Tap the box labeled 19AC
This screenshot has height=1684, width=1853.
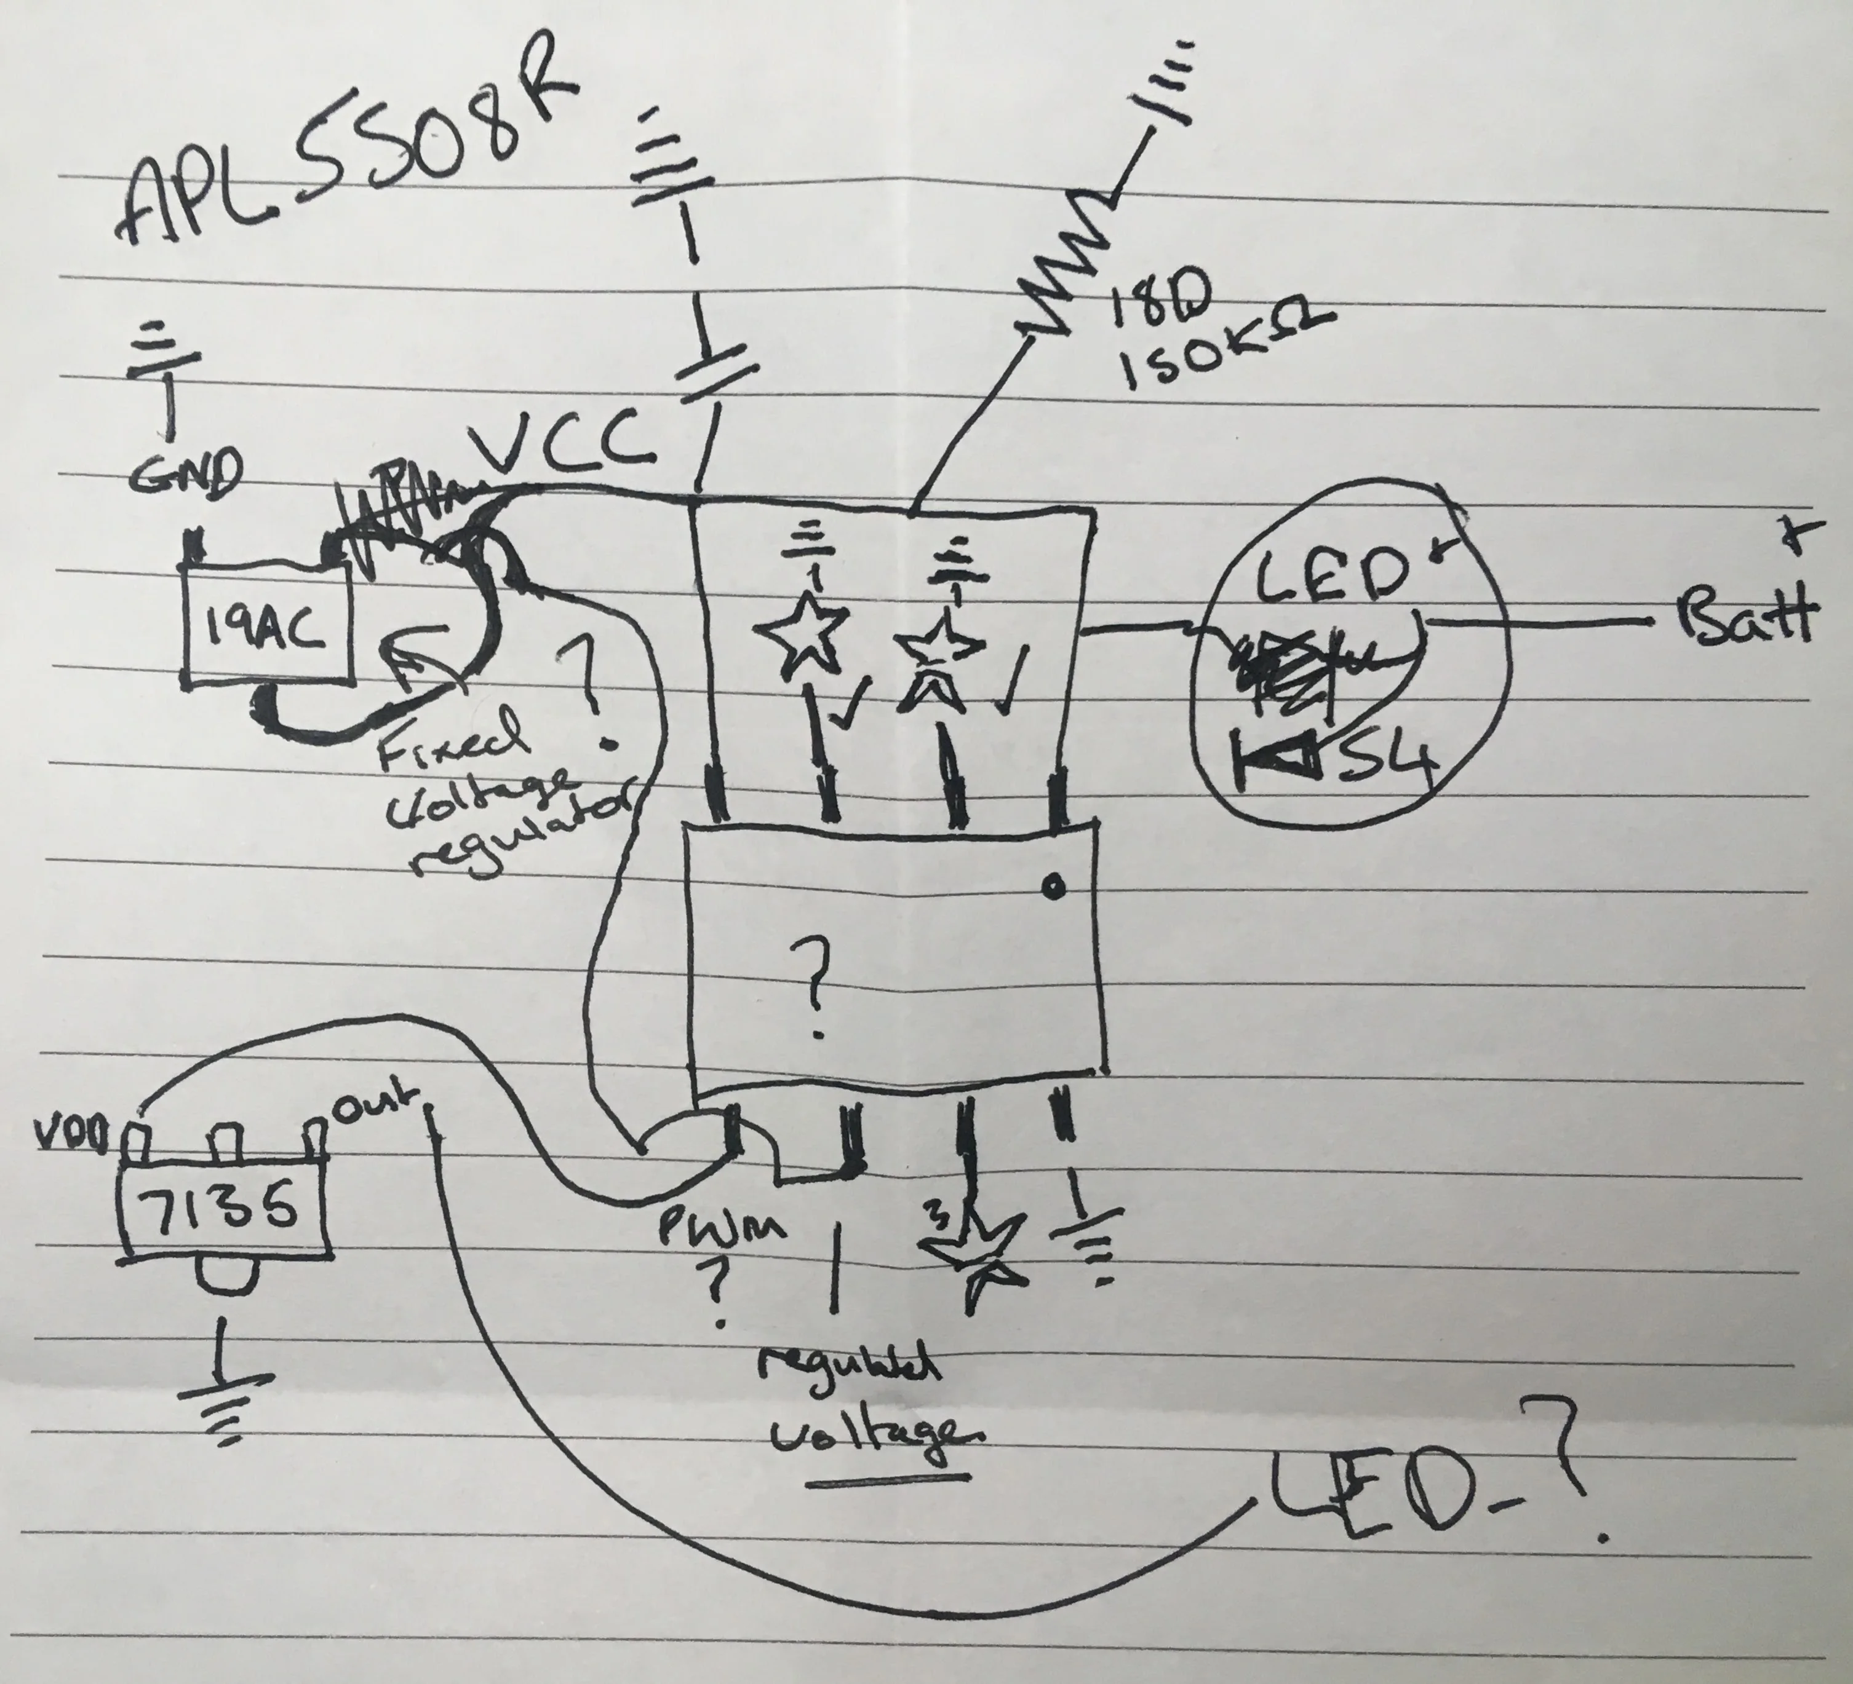tap(268, 631)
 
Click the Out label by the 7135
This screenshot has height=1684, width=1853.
tap(377, 1106)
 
